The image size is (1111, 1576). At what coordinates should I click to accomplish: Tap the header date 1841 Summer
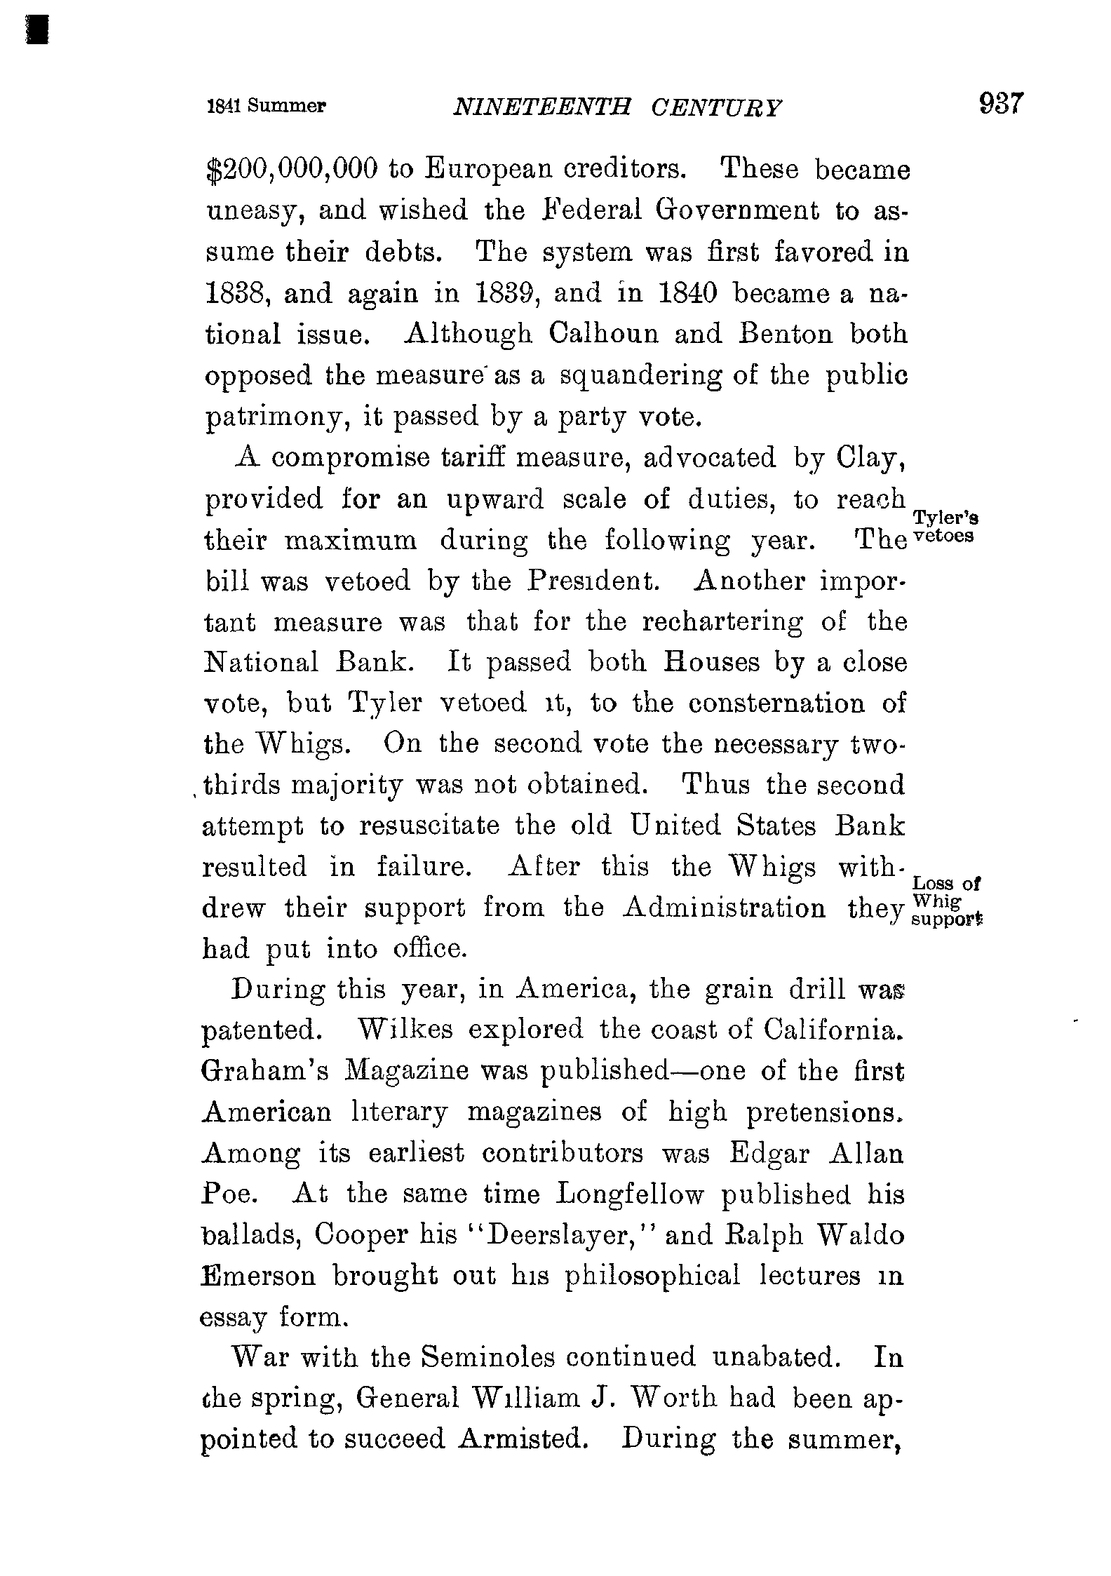(267, 106)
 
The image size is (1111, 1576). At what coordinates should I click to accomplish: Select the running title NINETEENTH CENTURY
(617, 107)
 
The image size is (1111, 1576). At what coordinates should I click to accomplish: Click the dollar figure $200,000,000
(292, 170)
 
